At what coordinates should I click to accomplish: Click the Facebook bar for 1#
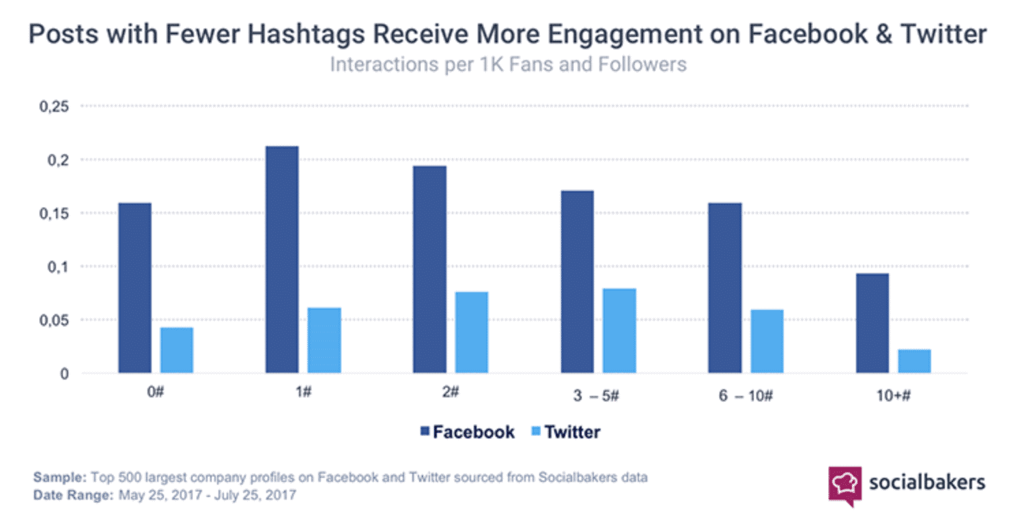(282, 259)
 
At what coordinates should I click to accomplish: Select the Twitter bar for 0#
(177, 350)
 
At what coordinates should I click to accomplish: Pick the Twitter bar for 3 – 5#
(619, 330)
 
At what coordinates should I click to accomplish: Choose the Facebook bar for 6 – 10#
(725, 287)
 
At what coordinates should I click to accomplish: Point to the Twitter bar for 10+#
(914, 361)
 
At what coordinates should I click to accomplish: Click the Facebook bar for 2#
(429, 269)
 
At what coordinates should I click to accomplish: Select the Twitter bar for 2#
(472, 332)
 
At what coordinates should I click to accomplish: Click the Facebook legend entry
(468, 432)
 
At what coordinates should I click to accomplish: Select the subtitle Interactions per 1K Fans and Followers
(508, 65)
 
